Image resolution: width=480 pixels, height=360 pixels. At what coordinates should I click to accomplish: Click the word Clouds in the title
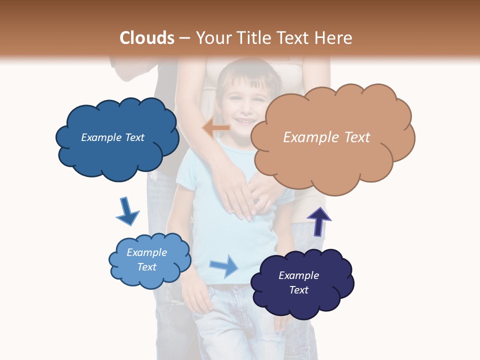pos(147,38)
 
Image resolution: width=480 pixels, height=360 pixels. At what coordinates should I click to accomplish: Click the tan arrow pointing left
pos(216,128)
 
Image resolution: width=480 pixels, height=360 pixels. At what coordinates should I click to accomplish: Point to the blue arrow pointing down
pos(127,211)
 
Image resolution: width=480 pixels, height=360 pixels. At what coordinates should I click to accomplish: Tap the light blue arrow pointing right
pos(224,265)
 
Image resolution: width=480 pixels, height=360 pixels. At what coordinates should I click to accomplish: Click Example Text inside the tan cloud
pos(326,137)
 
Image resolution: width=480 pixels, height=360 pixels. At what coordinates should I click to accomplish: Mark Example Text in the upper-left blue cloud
pos(112,137)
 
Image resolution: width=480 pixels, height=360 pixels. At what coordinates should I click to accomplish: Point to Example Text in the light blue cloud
pos(146,259)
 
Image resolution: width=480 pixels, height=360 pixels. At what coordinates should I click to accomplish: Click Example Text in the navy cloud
pos(298,282)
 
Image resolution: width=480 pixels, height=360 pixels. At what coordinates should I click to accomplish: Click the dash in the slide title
pos(184,38)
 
